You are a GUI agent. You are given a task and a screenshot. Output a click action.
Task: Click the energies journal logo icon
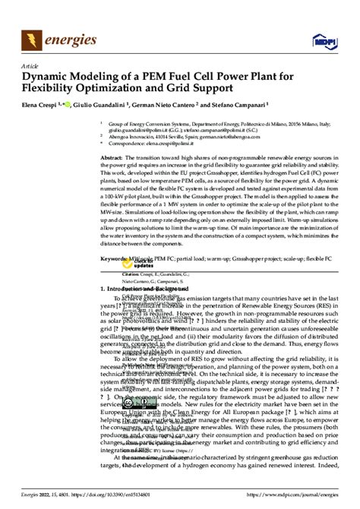[x=33, y=37]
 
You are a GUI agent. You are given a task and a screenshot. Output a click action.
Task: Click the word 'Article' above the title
[x=30, y=66]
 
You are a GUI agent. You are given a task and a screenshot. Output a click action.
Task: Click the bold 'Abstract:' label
[x=112, y=156]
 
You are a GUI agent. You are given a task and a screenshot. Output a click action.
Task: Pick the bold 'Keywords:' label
[x=115, y=258]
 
